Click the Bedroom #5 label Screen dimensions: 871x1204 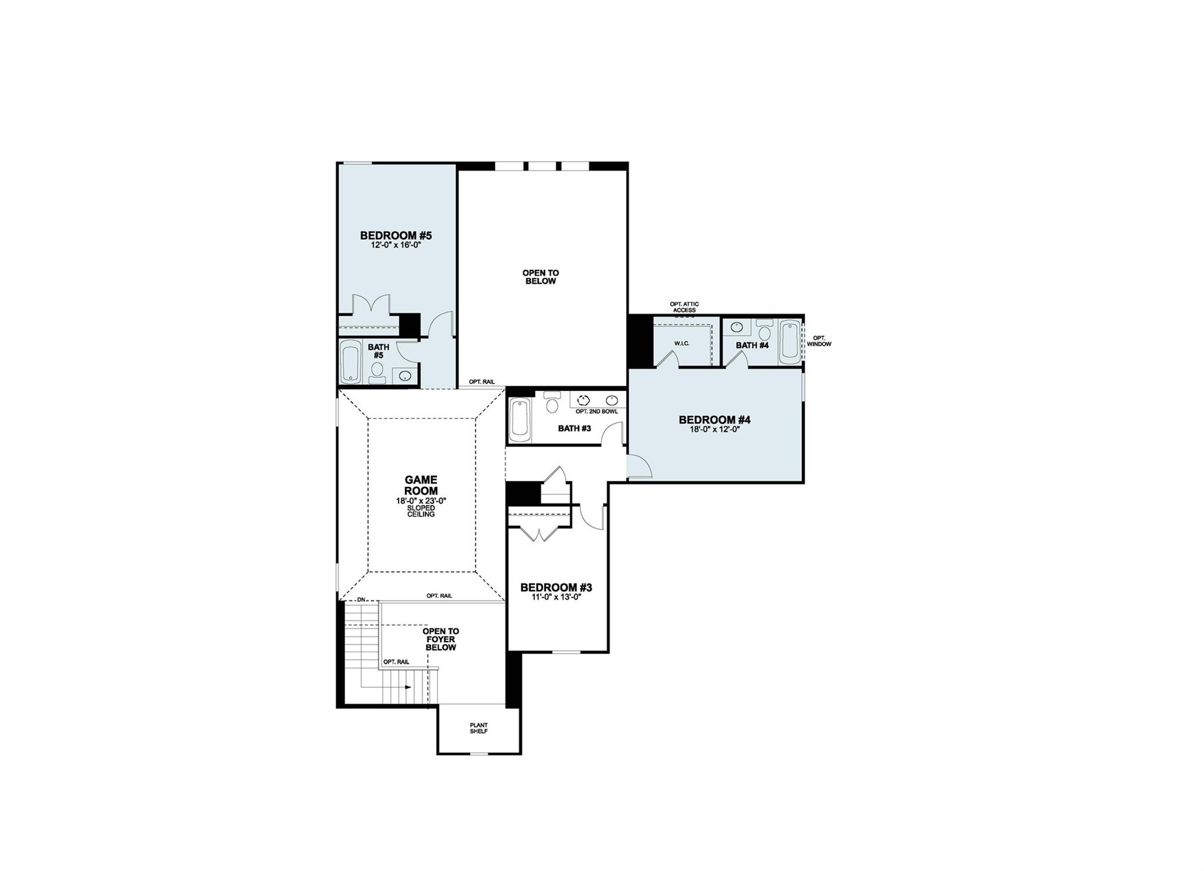click(396, 236)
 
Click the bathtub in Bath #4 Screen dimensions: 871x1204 click(789, 342)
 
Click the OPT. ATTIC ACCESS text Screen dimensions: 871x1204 click(684, 307)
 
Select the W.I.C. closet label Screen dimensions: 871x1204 click(682, 343)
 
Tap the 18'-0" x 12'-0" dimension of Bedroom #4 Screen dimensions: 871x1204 click(714, 429)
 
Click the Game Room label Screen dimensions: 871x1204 click(421, 485)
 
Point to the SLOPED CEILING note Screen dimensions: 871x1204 click(421, 510)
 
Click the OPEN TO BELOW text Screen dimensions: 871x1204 click(540, 277)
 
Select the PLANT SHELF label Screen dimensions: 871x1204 click(479, 728)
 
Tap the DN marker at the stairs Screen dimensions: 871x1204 click(362, 599)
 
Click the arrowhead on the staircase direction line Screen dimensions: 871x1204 click(407, 687)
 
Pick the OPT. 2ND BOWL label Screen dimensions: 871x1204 click(597, 412)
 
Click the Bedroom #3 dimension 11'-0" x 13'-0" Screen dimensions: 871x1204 click(556, 597)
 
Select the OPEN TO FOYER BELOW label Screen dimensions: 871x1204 click(440, 639)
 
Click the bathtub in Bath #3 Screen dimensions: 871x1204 click(520, 420)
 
